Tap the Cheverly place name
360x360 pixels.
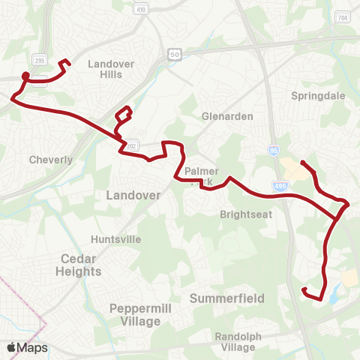coord(50,160)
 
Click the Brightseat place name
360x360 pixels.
coord(240,214)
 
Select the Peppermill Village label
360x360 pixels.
coord(135,315)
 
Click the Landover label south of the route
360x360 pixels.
coord(133,195)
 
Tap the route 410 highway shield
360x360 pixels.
coord(142,10)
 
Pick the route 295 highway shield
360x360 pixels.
coord(39,59)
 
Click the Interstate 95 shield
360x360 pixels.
coord(273,151)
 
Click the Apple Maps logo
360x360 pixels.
coord(27,347)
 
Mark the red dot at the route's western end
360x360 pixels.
coord(25,75)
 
